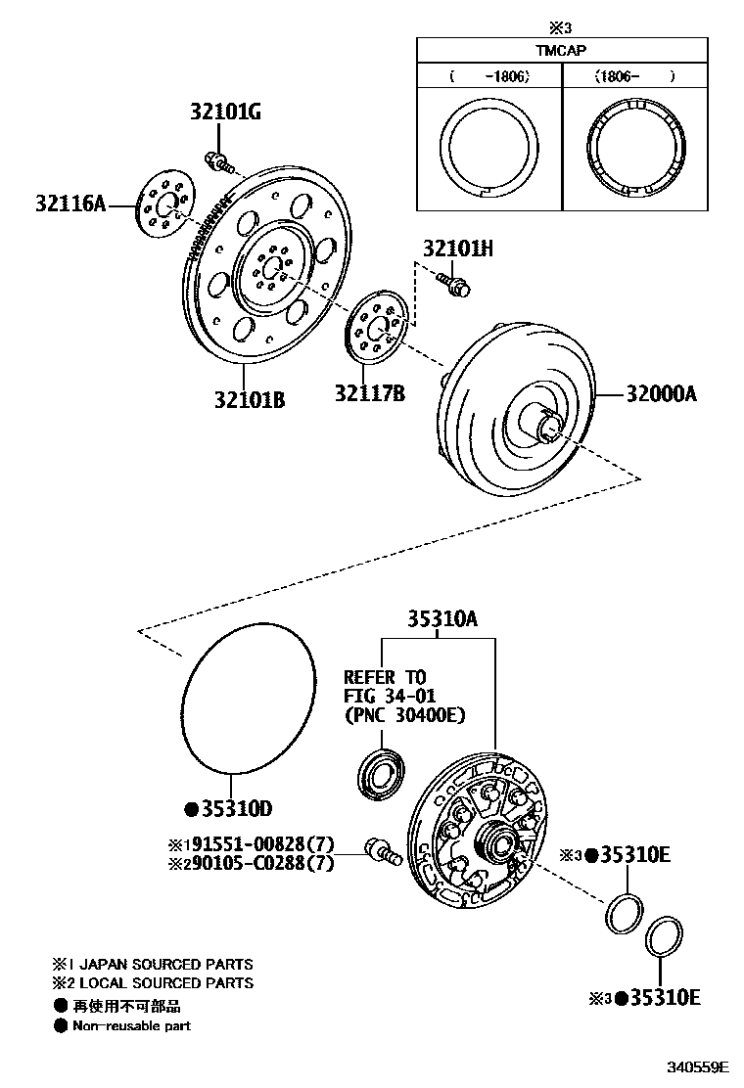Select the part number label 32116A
tap(70, 204)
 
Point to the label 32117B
tap(369, 393)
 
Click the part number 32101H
tap(457, 249)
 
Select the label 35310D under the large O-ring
tap(236, 808)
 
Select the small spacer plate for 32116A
tap(163, 206)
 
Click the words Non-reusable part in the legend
tap(132, 1025)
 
